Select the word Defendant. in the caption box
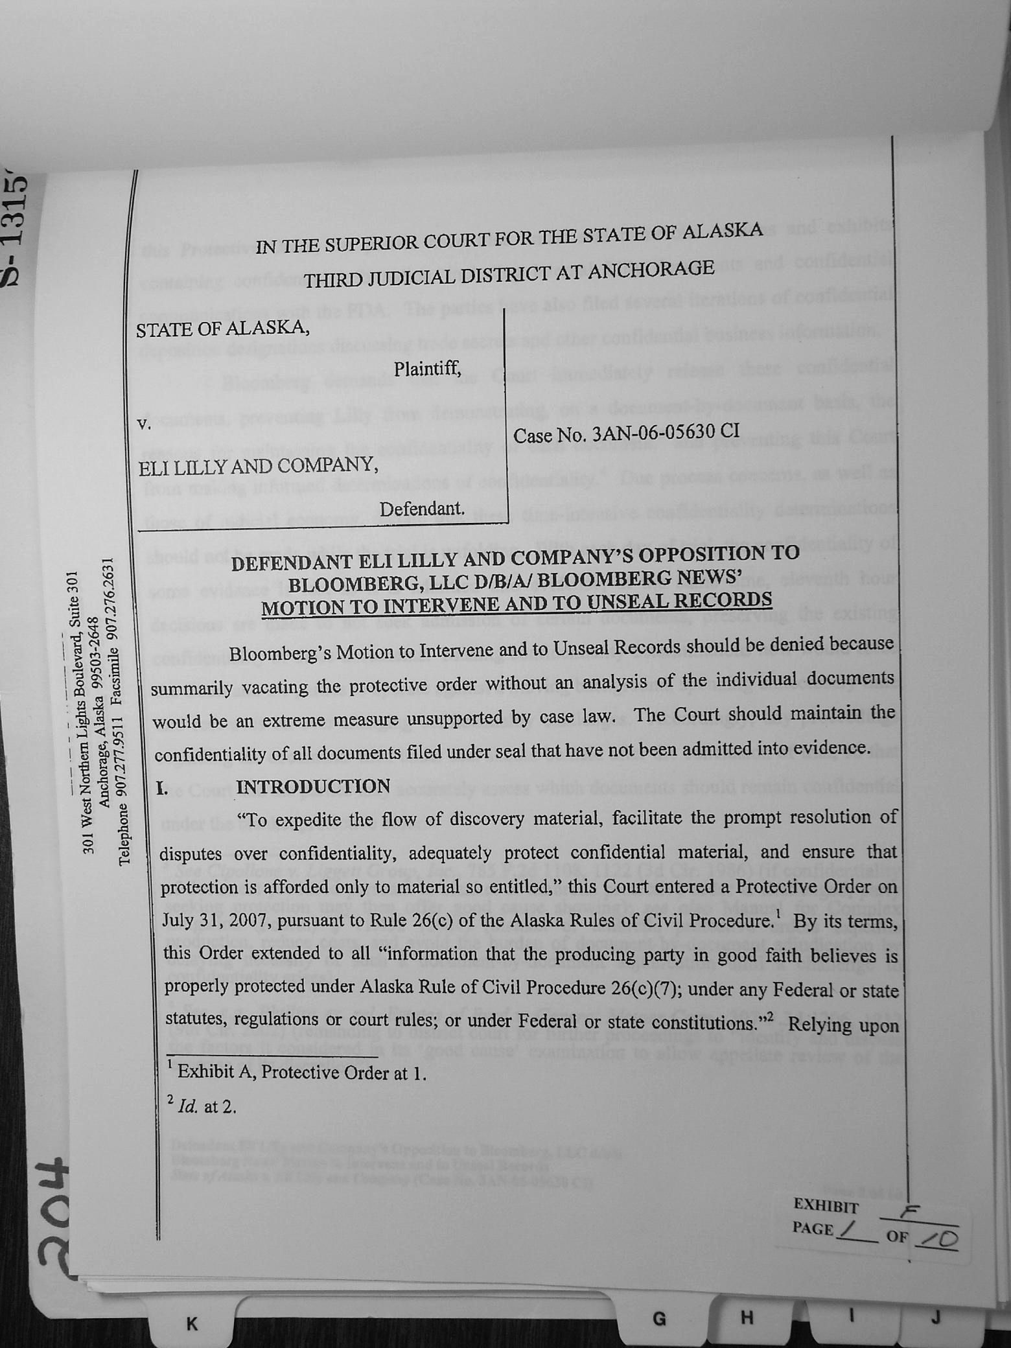423,509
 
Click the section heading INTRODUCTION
313,787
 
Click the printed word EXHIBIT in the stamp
826,1207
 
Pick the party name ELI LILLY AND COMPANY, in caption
257,465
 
